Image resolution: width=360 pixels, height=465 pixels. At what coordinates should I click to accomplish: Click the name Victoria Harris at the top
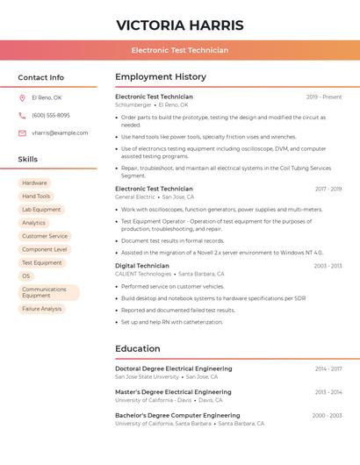[x=180, y=25]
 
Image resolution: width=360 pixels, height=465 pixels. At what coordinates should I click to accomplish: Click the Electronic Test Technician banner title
[x=180, y=50]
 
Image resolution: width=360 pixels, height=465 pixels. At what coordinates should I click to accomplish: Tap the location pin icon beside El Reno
[x=22, y=97]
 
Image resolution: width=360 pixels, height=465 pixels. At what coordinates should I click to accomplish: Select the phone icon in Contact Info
[x=22, y=115]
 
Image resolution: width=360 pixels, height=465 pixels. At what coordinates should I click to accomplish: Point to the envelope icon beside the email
[x=22, y=133]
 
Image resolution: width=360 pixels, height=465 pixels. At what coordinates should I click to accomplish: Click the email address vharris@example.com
[x=60, y=133]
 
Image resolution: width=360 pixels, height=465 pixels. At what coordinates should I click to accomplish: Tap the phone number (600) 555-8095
[x=51, y=115]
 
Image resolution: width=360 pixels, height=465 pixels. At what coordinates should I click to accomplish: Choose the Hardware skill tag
[x=35, y=182]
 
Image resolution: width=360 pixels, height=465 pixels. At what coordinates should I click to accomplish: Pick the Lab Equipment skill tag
[x=41, y=210]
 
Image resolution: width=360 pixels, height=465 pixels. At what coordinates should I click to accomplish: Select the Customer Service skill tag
[x=45, y=236]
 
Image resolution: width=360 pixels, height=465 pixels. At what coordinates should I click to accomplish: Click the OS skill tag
[x=25, y=276]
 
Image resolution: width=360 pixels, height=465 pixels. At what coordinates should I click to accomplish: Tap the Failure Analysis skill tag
[x=42, y=309]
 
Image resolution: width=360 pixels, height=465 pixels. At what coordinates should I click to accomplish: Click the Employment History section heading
[x=161, y=77]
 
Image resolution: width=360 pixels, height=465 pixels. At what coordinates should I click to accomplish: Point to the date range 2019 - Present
[x=324, y=97]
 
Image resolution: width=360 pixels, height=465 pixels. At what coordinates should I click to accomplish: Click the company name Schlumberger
[x=133, y=104]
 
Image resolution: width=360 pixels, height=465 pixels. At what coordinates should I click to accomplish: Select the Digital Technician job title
[x=142, y=265]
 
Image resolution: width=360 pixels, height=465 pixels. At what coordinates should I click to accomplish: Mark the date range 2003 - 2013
[x=328, y=266]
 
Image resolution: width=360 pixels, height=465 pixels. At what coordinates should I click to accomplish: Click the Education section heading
[x=138, y=348]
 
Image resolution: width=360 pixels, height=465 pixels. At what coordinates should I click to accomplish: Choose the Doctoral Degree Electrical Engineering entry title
[x=174, y=368]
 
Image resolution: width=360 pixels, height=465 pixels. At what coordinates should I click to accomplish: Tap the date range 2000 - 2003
[x=327, y=415]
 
